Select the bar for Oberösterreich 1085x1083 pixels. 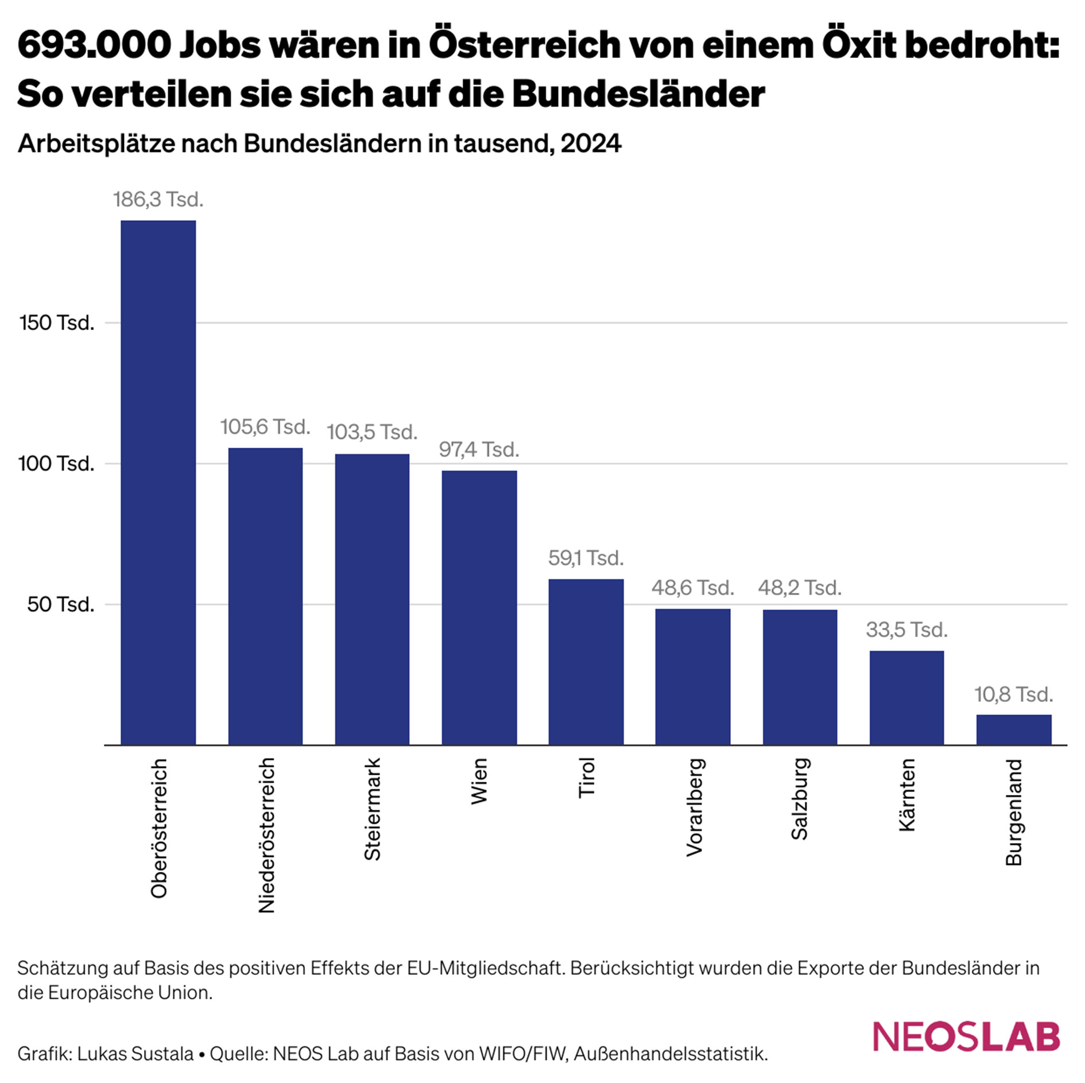tap(158, 482)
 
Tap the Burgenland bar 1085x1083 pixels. tap(1013, 729)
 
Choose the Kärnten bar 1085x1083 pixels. tap(906, 697)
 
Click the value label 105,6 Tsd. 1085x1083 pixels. tap(265, 427)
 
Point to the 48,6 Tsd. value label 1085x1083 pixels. tap(692, 588)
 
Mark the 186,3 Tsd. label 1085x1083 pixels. tap(158, 200)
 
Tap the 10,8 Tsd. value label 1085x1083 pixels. tap(1013, 694)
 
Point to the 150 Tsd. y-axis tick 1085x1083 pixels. tap(57, 323)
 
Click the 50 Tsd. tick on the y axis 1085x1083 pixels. tap(60, 604)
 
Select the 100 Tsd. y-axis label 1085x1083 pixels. tap(56, 464)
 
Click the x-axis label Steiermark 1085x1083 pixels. tap(373, 809)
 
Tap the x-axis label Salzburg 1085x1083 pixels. tap(800, 799)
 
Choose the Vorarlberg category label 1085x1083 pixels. tap(694, 808)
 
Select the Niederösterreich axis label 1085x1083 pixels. tap(266, 835)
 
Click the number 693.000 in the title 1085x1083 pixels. tap(94, 45)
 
